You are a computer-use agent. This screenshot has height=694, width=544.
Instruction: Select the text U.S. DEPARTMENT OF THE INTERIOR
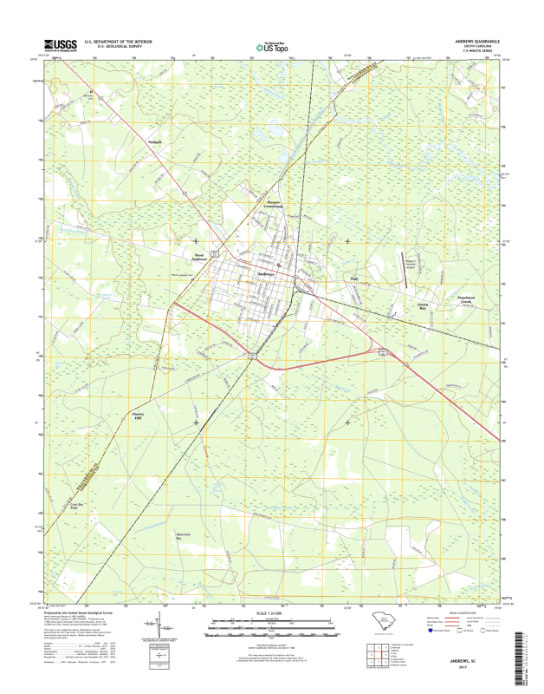118,41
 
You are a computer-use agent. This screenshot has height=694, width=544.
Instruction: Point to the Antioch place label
155,139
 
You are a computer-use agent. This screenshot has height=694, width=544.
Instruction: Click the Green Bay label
423,306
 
